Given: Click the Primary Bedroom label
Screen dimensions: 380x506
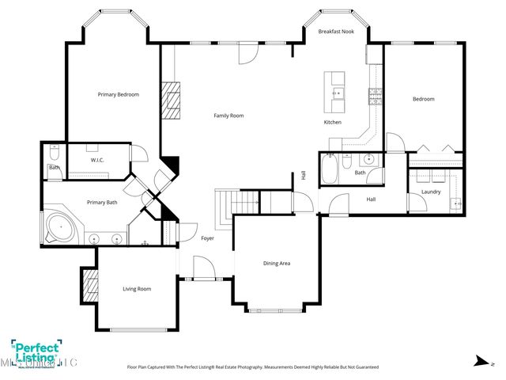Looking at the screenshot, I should [x=118, y=95].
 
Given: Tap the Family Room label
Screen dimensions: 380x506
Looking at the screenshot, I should [x=228, y=116].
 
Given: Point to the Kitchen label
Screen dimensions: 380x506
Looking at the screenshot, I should [x=333, y=123].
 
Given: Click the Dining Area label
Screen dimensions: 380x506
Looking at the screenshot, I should [x=277, y=263].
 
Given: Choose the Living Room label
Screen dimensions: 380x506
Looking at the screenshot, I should [x=137, y=289].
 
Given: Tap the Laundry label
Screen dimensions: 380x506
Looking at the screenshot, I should [x=431, y=192].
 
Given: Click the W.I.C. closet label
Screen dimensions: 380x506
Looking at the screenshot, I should [x=98, y=161].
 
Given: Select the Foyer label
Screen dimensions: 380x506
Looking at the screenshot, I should [x=207, y=238].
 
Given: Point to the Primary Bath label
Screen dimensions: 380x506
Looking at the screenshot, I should [x=102, y=203].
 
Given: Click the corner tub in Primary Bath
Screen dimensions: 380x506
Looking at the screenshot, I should [x=59, y=228].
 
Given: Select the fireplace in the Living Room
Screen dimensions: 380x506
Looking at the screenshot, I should [x=89, y=284].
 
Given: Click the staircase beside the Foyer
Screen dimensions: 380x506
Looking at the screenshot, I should [x=238, y=202].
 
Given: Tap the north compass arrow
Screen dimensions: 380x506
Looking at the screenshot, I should [x=478, y=360].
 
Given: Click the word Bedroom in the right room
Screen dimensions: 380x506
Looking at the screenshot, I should [x=423, y=99].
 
